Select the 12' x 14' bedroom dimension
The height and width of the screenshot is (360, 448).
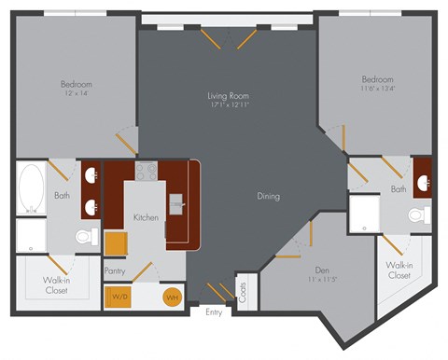pos(77,94)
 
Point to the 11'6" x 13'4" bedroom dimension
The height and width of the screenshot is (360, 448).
pos(378,90)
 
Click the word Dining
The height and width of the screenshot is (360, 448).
pos(269,196)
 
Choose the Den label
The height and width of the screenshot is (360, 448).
pos(321,267)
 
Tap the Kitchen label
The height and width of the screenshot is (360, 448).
pos(146,217)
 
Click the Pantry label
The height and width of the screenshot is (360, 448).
pos(116,270)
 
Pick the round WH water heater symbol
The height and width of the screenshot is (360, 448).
pos(172,298)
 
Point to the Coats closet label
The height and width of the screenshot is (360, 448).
pos(243,291)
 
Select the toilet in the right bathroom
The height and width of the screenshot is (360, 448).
pos(419,215)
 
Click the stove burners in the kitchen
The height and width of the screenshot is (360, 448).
pos(146,172)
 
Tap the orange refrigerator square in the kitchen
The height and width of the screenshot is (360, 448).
pos(115,242)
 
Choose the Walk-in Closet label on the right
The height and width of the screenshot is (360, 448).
pos(399,270)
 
